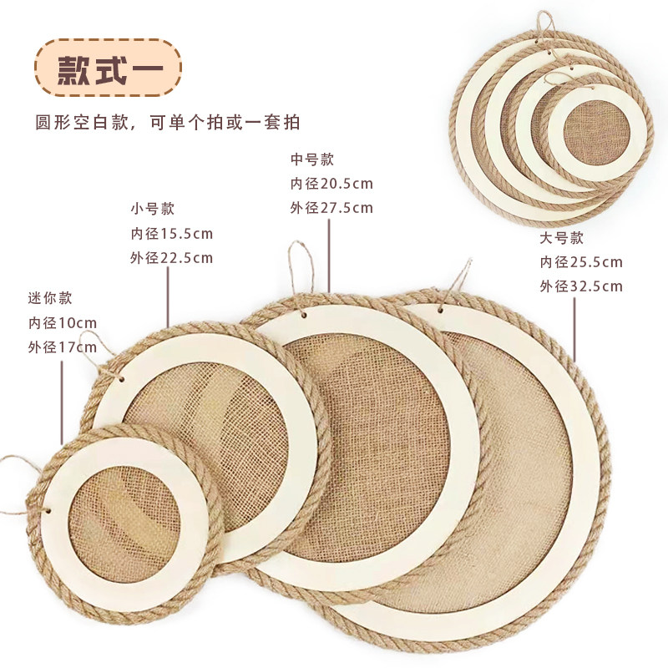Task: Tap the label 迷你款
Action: point(51,296)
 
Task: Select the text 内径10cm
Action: point(63,322)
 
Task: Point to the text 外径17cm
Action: point(63,347)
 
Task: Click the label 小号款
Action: point(153,208)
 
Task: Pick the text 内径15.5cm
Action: point(171,233)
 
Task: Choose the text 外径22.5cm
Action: point(171,258)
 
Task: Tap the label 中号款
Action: point(311,159)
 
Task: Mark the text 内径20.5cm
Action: point(331,184)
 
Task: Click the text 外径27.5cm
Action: point(331,209)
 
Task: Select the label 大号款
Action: point(561,237)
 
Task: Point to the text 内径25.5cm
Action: point(581,262)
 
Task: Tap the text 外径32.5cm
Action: point(581,287)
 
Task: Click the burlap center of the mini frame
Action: point(125,518)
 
